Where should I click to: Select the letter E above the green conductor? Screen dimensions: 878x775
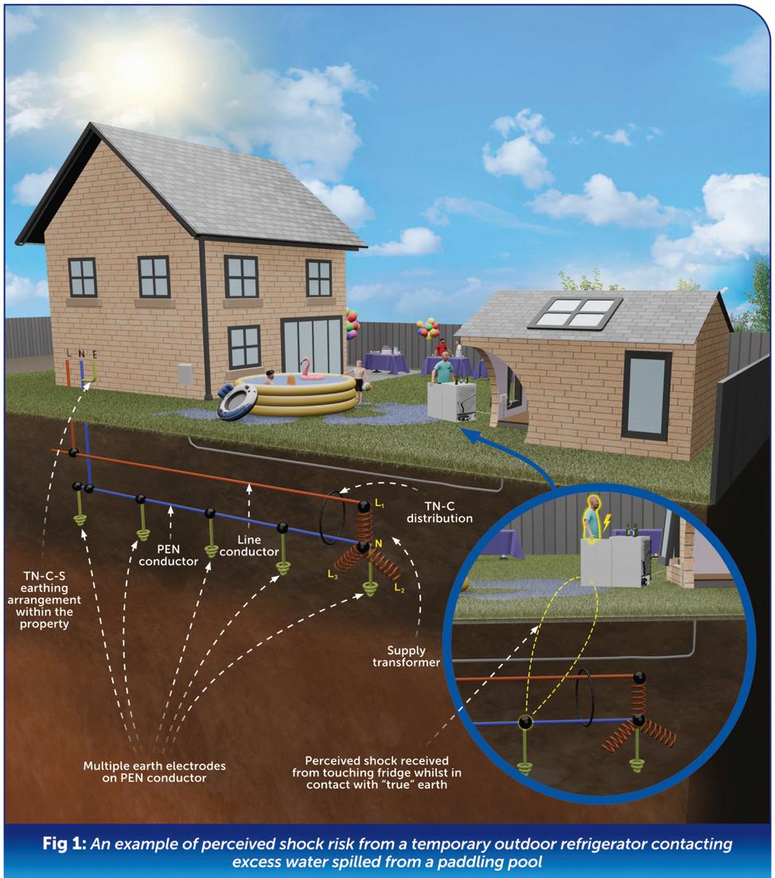pyautogui.click(x=95, y=352)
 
